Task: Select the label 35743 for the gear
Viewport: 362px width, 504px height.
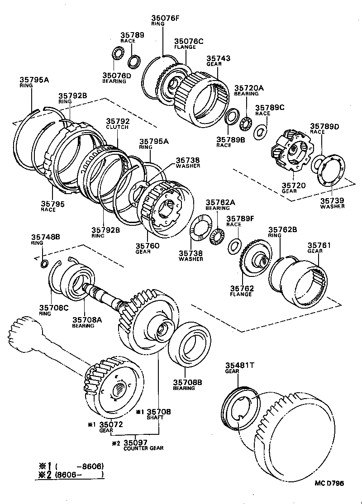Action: point(219,58)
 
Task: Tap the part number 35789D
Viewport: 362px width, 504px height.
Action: point(324,126)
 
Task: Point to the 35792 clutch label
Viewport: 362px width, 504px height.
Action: point(118,121)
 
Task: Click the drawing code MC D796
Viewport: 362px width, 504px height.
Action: point(329,483)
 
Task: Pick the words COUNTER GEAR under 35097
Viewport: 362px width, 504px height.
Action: point(143,448)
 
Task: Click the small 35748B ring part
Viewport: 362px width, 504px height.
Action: point(44,263)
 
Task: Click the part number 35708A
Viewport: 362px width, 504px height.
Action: point(87,319)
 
